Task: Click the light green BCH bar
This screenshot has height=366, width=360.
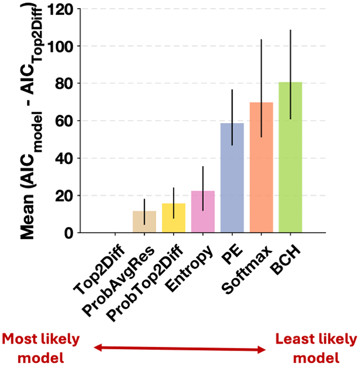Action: [290, 157]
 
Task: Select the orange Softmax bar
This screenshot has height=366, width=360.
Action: [261, 167]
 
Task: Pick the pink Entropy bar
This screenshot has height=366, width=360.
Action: [203, 212]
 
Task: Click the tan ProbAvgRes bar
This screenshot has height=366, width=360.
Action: [144, 222]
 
